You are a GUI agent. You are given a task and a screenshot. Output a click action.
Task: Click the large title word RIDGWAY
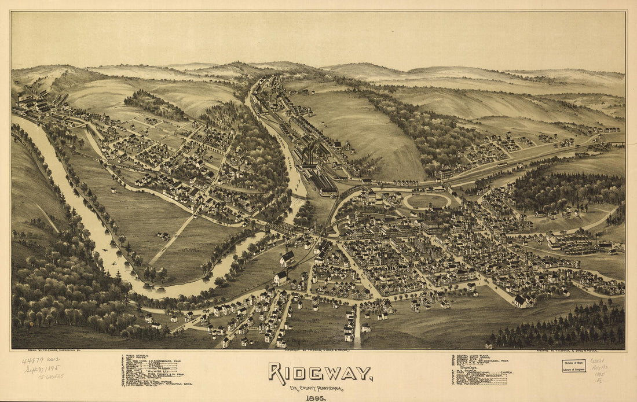(x=320, y=374)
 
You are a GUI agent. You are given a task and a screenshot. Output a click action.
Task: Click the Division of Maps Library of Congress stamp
(x=574, y=366)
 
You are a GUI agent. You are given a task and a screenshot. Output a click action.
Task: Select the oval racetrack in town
(x=427, y=201)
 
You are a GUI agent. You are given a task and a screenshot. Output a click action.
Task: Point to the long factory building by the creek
(x=322, y=183)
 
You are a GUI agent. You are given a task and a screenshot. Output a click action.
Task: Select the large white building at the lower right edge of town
(x=522, y=301)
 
